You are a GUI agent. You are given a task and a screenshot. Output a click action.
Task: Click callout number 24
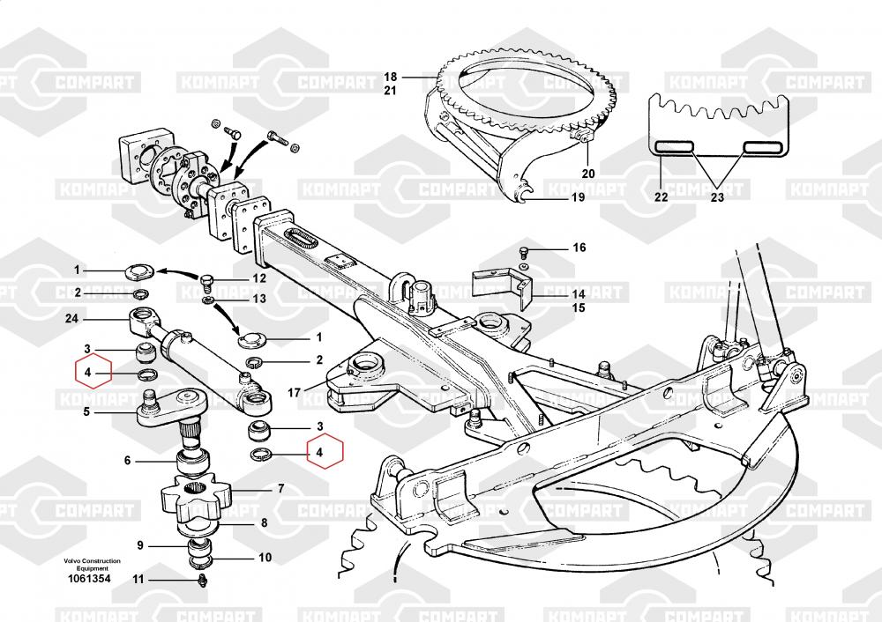pos(71,319)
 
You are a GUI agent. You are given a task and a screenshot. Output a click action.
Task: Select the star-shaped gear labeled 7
pos(196,496)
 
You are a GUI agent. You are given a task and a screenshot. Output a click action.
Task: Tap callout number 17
pos(294,392)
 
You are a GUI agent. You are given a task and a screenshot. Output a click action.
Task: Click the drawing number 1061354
pos(89,579)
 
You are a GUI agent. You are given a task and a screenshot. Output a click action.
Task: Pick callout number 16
pos(579,248)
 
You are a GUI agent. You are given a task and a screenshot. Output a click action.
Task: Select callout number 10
pos(265,558)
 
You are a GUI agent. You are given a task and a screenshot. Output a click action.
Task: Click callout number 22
pos(661,196)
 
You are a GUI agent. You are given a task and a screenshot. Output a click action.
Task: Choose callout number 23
pos(717,196)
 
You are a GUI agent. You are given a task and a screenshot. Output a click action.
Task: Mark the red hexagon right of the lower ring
pos(325,450)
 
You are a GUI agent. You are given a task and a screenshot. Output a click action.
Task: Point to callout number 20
pos(588,174)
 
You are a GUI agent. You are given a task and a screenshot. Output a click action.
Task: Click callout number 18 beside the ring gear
pos(391,77)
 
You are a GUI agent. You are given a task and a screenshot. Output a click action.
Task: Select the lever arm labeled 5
pos(170,409)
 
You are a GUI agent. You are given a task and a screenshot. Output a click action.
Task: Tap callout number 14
pos(579,294)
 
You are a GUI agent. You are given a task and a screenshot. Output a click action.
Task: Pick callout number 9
pos(140,545)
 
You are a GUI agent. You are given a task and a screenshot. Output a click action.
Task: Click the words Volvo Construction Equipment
pos(92,564)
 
